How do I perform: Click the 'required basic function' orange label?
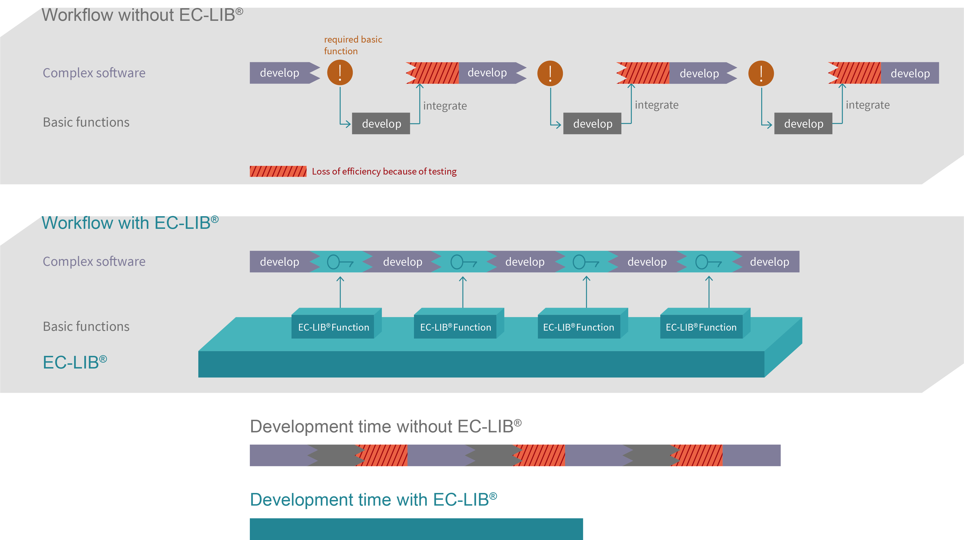[353, 45]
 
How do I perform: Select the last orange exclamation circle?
[761, 73]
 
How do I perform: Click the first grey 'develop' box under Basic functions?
[381, 123]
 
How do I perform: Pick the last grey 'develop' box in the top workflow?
[803, 123]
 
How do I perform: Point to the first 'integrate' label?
[445, 106]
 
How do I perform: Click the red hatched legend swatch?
[278, 171]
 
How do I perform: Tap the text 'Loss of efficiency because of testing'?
[384, 171]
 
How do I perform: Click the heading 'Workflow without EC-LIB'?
[142, 15]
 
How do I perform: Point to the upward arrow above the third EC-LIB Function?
[586, 292]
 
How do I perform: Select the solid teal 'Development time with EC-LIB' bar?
[416, 529]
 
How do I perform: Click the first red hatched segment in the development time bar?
[382, 455]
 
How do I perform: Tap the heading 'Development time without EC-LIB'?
[385, 426]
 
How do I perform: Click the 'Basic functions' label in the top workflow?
[86, 122]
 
